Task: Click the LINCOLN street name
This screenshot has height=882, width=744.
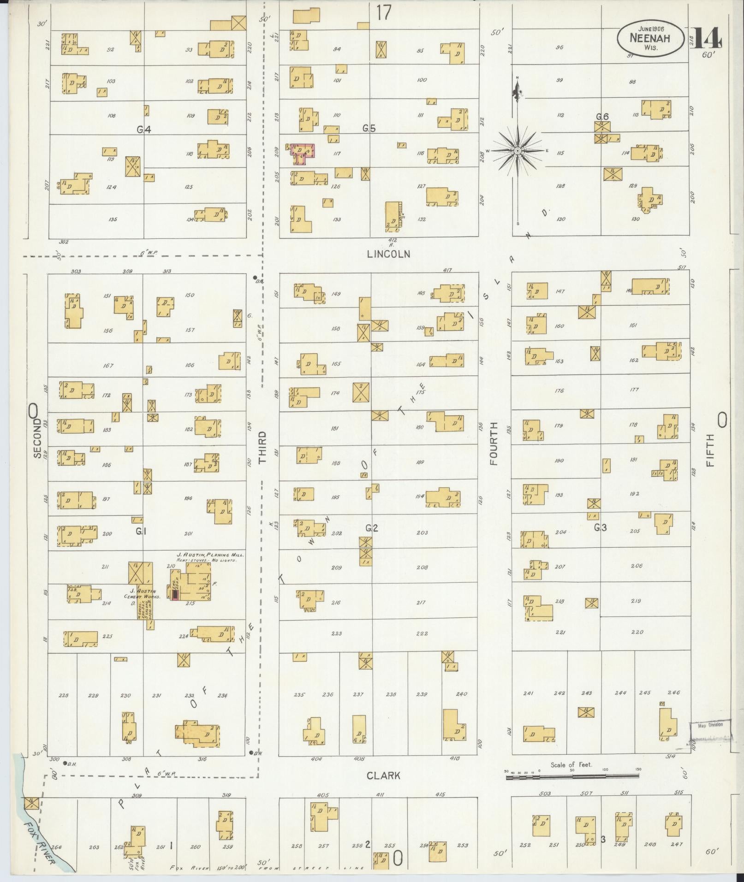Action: point(388,254)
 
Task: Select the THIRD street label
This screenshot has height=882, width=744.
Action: point(262,447)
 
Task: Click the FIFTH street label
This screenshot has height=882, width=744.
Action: point(710,450)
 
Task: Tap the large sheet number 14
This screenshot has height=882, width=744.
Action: point(706,38)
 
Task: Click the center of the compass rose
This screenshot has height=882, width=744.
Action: point(518,151)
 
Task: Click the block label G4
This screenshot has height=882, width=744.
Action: point(144,130)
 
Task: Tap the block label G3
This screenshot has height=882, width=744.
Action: point(600,528)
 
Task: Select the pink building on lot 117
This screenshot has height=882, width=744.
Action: point(303,153)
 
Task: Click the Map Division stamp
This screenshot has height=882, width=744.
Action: point(710,738)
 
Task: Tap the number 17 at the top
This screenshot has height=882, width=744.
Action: point(383,12)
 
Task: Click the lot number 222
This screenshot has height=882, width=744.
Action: point(422,633)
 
